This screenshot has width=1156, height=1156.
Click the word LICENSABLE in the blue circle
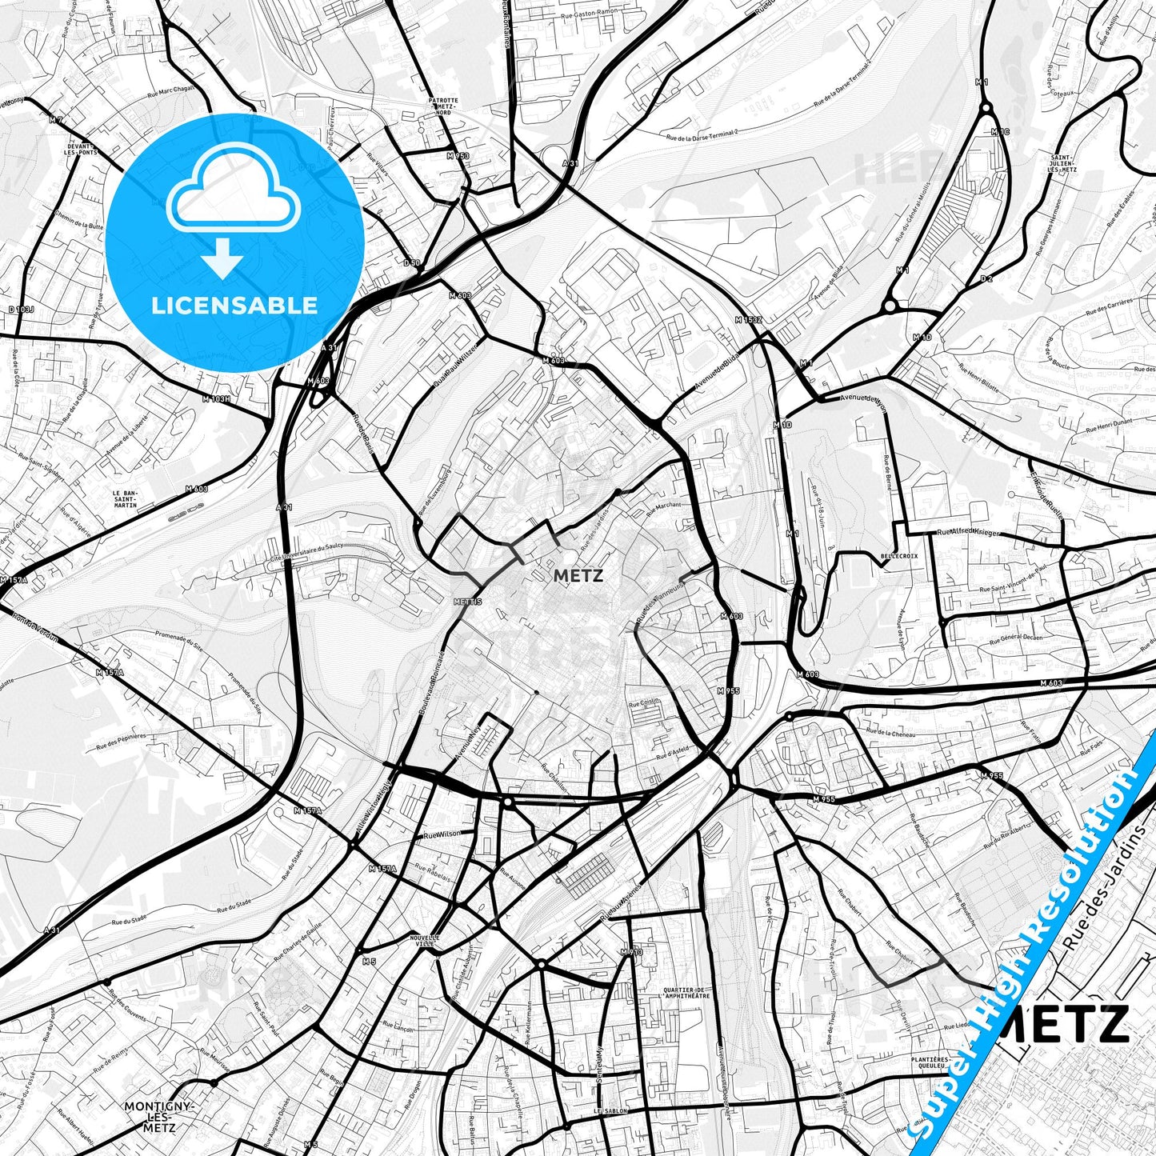(235, 306)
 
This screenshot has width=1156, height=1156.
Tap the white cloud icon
(234, 190)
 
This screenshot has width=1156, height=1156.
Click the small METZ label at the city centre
(578, 575)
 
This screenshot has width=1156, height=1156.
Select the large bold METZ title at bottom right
(1064, 1023)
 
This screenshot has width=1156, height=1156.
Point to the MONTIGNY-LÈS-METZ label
(160, 1117)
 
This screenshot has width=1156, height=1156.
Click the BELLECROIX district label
(899, 555)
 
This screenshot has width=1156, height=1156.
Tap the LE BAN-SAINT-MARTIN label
(125, 499)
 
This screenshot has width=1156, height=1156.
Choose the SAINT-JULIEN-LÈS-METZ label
(1062, 164)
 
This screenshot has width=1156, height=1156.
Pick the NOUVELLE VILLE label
(424, 941)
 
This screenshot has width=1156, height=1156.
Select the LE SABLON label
(611, 1111)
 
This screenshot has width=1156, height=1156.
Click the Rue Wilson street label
(442, 834)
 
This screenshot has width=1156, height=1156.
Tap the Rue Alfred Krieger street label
(968, 531)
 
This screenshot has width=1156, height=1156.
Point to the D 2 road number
(986, 278)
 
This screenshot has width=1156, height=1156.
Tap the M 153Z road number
(749, 320)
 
